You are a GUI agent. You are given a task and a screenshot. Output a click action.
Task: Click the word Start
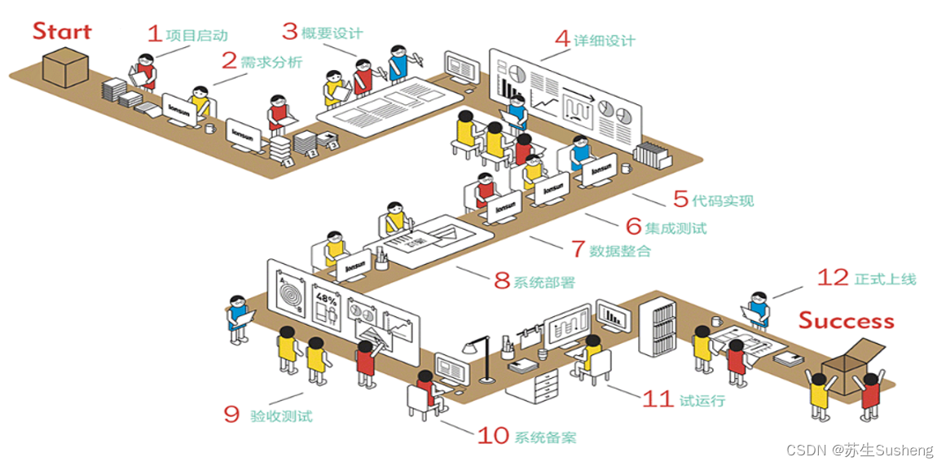click(x=62, y=31)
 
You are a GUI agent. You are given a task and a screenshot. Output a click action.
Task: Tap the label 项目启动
click(x=196, y=35)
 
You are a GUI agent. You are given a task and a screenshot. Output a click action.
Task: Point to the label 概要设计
click(x=332, y=33)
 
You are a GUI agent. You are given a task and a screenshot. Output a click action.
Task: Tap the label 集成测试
click(x=675, y=228)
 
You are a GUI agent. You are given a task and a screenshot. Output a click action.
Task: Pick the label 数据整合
click(x=621, y=251)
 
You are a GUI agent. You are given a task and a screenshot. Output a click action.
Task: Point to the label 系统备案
click(x=545, y=437)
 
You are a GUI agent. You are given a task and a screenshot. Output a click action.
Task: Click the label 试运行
click(x=702, y=401)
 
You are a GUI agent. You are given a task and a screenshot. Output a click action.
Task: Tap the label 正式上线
click(x=885, y=279)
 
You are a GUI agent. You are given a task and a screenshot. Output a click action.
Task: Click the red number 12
click(x=833, y=278)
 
